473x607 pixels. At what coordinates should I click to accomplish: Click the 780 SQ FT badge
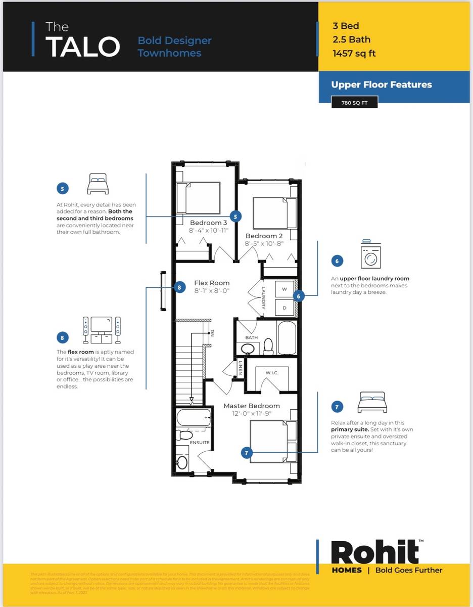pyautogui.click(x=354, y=103)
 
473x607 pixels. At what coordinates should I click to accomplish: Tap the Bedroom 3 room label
pyautogui.click(x=208, y=223)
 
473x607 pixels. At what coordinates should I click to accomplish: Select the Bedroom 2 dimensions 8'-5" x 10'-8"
pyautogui.click(x=264, y=243)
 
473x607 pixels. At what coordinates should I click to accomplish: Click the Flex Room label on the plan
pyautogui.click(x=212, y=283)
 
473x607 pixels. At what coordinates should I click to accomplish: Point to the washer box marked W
pyautogui.click(x=284, y=289)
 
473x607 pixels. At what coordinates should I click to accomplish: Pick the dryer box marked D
pyautogui.click(x=284, y=307)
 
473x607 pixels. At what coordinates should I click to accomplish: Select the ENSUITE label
pyautogui.click(x=200, y=442)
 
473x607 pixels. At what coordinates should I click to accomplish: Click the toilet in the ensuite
pyautogui.click(x=185, y=435)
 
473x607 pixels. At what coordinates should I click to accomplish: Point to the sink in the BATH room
pyautogui.click(x=248, y=349)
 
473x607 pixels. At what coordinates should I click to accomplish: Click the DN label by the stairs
pyautogui.click(x=212, y=333)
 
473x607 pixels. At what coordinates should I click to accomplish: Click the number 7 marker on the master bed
pyautogui.click(x=247, y=453)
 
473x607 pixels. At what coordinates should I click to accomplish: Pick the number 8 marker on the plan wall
pyautogui.click(x=179, y=288)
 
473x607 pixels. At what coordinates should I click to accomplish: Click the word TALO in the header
pyautogui.click(x=83, y=47)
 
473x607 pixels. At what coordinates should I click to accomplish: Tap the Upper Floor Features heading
pyautogui.click(x=382, y=84)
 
